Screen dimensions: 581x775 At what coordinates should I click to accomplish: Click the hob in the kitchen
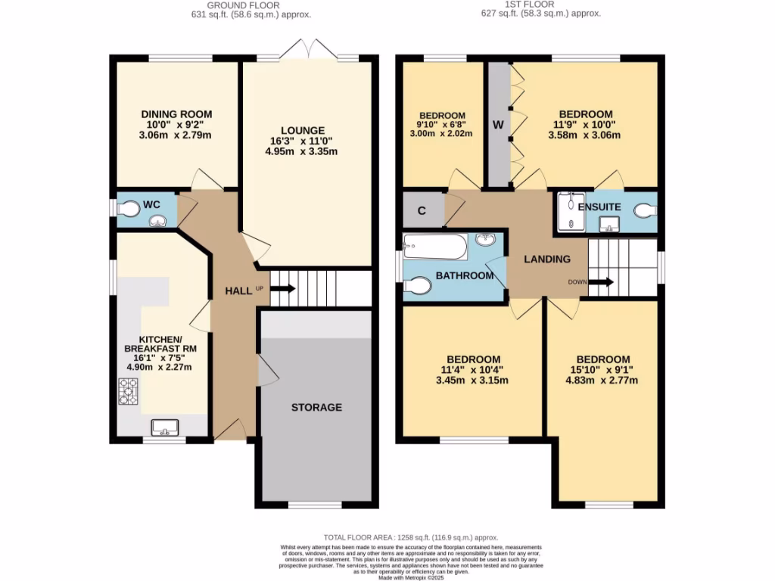(126, 390)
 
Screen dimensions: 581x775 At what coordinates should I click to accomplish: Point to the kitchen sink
(164, 427)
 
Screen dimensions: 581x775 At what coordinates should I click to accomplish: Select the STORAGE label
(316, 407)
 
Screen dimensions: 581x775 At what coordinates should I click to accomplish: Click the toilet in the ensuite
(645, 210)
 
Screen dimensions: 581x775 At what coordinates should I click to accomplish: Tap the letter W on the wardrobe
(498, 124)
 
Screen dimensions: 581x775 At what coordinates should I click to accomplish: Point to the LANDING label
(548, 259)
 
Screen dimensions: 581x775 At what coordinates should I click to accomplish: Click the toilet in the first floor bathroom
(419, 285)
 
